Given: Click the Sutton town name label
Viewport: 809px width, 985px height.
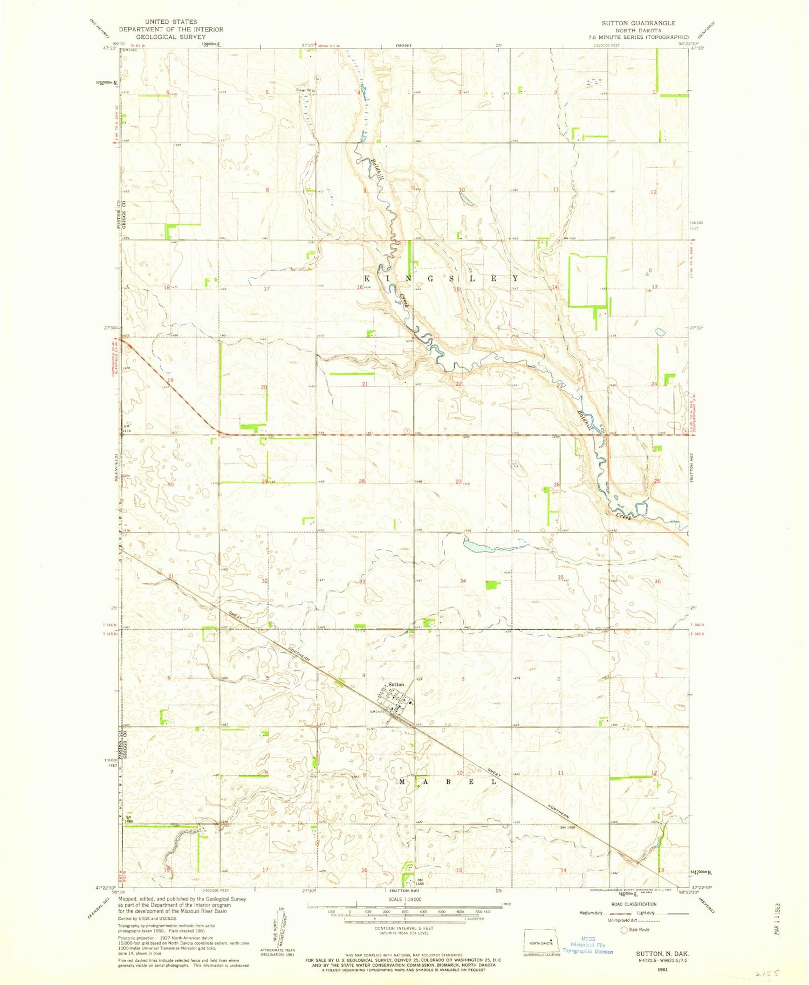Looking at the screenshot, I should pyautogui.click(x=396, y=684).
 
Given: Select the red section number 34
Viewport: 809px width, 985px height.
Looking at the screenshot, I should pyautogui.click(x=463, y=581).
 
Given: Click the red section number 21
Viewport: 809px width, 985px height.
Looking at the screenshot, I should pyautogui.click(x=365, y=384).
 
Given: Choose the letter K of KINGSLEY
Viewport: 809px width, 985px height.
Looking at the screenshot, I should pyautogui.click(x=367, y=279).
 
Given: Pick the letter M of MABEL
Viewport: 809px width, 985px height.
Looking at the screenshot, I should pyautogui.click(x=402, y=781).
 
